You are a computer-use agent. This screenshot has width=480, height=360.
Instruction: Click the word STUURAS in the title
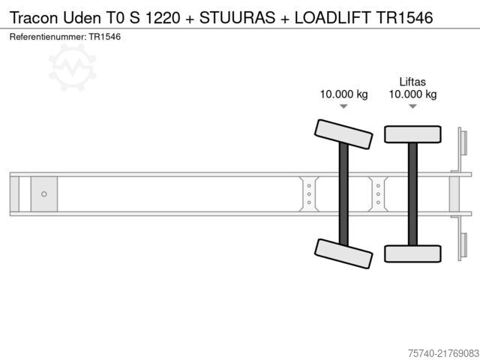pyautogui.click(x=237, y=17)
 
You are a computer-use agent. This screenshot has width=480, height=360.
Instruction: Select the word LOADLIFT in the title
pyautogui.click(x=333, y=17)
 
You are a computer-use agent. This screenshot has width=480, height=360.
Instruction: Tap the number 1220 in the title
pyautogui.click(x=163, y=17)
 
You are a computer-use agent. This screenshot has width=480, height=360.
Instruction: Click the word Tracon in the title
pyautogui.click(x=34, y=17)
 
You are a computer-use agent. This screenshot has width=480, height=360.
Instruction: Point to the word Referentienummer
pyautogui.click(x=48, y=37)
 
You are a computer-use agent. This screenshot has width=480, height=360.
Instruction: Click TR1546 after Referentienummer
pyautogui.click(x=105, y=37)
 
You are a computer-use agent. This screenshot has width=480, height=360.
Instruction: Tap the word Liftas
pyautogui.click(x=412, y=82)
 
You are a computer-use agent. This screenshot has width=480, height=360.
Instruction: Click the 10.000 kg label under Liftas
pyautogui.click(x=412, y=94)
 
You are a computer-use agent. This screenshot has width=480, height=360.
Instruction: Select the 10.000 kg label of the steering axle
pyautogui.click(x=343, y=94)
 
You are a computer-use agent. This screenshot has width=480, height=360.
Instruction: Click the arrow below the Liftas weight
pyautogui.click(x=412, y=106)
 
